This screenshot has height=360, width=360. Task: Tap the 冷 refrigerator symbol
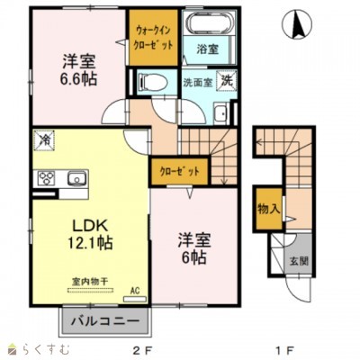(x=44, y=139)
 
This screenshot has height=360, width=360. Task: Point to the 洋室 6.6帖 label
(x=78, y=69)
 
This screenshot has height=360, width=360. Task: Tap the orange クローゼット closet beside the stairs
(x=180, y=170)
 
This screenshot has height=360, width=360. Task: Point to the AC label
(x=136, y=290)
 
